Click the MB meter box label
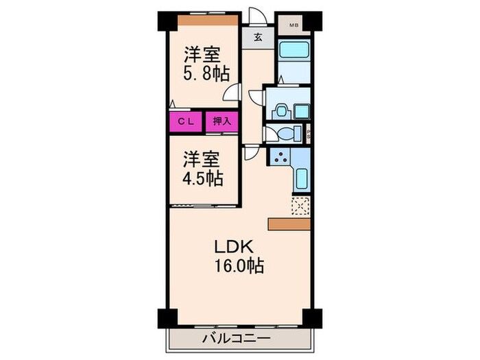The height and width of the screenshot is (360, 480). pyautogui.click(x=293, y=26)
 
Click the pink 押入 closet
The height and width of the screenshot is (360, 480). pyautogui.click(x=221, y=121)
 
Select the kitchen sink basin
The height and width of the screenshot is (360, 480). pyautogui.click(x=301, y=180)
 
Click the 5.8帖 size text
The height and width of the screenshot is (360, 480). pyautogui.click(x=206, y=73)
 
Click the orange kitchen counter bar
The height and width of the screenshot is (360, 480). pyautogui.click(x=290, y=224)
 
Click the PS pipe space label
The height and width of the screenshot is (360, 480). pyautogui.click(x=309, y=134)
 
